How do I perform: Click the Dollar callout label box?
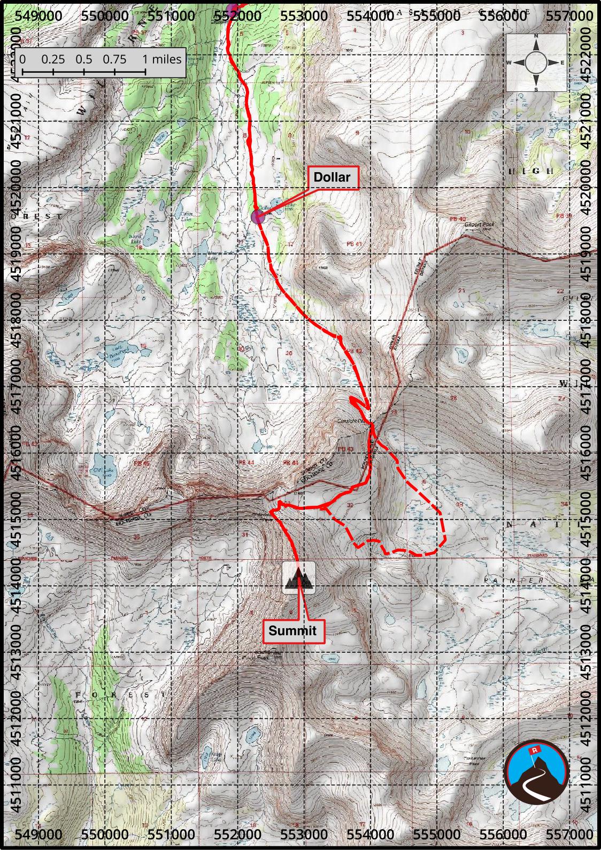point(332,177)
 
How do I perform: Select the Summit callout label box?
point(292,630)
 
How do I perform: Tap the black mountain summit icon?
point(298,577)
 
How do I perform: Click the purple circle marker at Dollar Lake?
point(258,217)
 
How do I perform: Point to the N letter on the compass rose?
point(536,36)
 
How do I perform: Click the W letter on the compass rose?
point(509,63)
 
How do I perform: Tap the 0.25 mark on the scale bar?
point(53,59)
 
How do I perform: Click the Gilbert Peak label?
point(480,225)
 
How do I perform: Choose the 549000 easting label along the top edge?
point(39,15)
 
